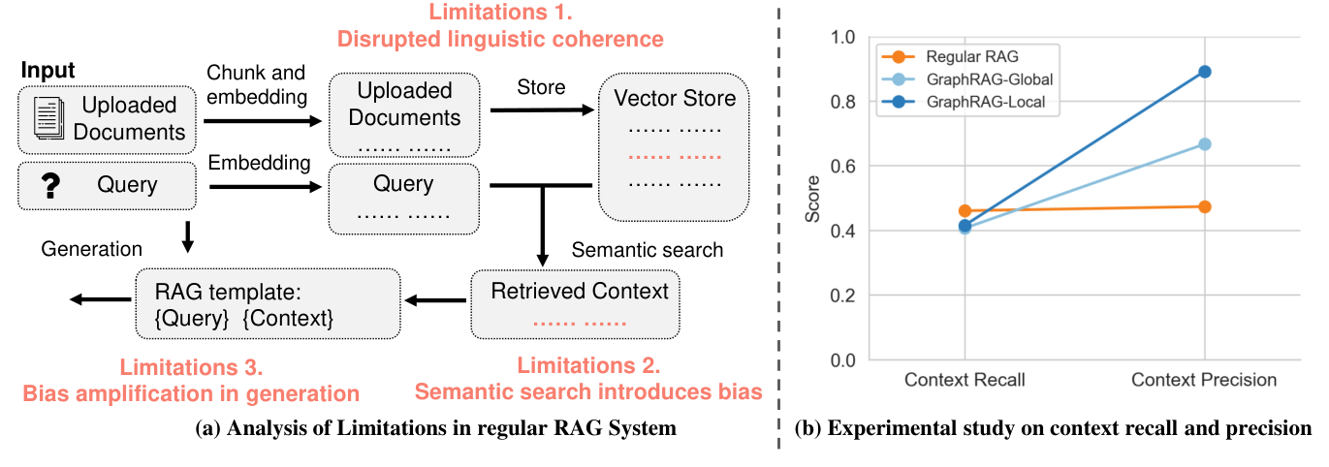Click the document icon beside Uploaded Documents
point(47,118)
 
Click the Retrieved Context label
point(580,291)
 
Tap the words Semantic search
point(648,250)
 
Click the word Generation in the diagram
point(91,249)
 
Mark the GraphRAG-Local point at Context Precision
point(1205,72)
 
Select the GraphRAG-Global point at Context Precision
point(1205,144)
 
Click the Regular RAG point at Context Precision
point(1205,206)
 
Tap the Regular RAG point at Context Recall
point(965,210)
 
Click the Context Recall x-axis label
point(965,380)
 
